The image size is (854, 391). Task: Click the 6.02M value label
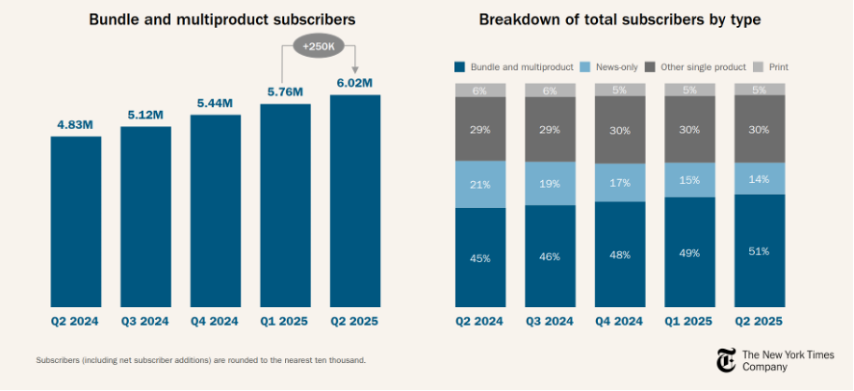click(354, 84)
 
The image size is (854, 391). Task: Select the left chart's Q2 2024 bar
click(76, 222)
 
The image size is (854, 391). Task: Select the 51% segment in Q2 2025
click(759, 250)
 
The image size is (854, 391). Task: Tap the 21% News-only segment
click(480, 184)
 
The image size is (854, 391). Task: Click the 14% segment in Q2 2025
click(759, 178)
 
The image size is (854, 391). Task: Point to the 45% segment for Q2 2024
click(480, 257)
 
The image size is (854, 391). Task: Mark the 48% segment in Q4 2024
click(619, 254)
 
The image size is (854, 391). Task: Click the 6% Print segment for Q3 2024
click(550, 90)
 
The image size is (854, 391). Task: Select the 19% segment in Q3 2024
click(550, 183)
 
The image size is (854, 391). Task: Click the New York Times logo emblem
click(726, 360)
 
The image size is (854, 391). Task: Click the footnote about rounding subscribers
click(200, 360)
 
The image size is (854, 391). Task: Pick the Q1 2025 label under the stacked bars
click(688, 321)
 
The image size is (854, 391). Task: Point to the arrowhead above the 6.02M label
click(354, 67)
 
